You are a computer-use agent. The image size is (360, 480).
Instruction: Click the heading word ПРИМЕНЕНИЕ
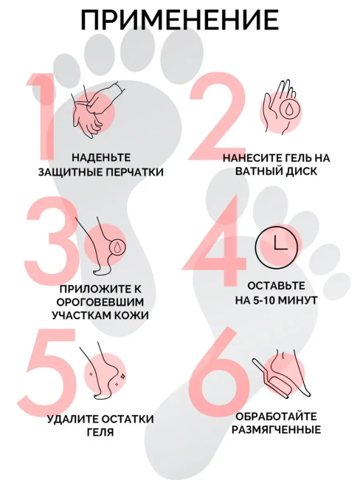(x=179, y=20)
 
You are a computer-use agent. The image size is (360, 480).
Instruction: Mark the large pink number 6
(x=217, y=373)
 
